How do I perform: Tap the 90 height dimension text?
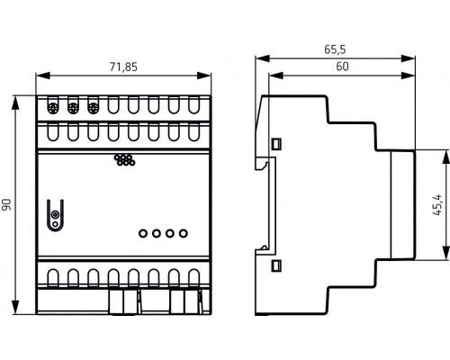pyautogui.click(x=6, y=206)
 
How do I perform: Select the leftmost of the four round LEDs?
pyautogui.click(x=143, y=233)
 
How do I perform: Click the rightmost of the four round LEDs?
pyautogui.click(x=184, y=233)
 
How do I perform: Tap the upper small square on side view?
pyautogui.click(x=277, y=141)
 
